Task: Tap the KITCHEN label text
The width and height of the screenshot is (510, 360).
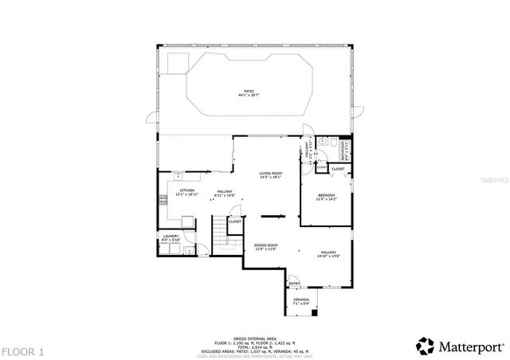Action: click(x=187, y=190)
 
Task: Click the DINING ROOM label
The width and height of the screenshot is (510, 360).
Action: click(x=265, y=245)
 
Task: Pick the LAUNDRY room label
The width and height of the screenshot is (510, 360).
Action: click(x=171, y=236)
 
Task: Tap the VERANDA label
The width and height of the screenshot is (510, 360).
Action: click(x=300, y=300)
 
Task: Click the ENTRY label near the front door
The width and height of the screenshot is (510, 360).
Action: click(x=294, y=283)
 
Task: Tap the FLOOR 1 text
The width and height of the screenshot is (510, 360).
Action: click(x=22, y=350)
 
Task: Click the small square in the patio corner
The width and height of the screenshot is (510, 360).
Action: click(x=176, y=62)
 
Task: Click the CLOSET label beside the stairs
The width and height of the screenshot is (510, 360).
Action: click(x=235, y=221)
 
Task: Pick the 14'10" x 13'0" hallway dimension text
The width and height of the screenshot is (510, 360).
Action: click(x=329, y=256)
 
